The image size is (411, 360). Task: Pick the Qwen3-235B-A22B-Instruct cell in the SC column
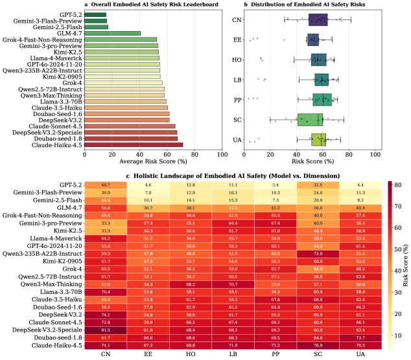coord(318,254)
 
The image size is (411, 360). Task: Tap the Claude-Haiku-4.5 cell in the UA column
coord(360,345)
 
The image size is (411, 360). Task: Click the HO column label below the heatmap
coord(190,355)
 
